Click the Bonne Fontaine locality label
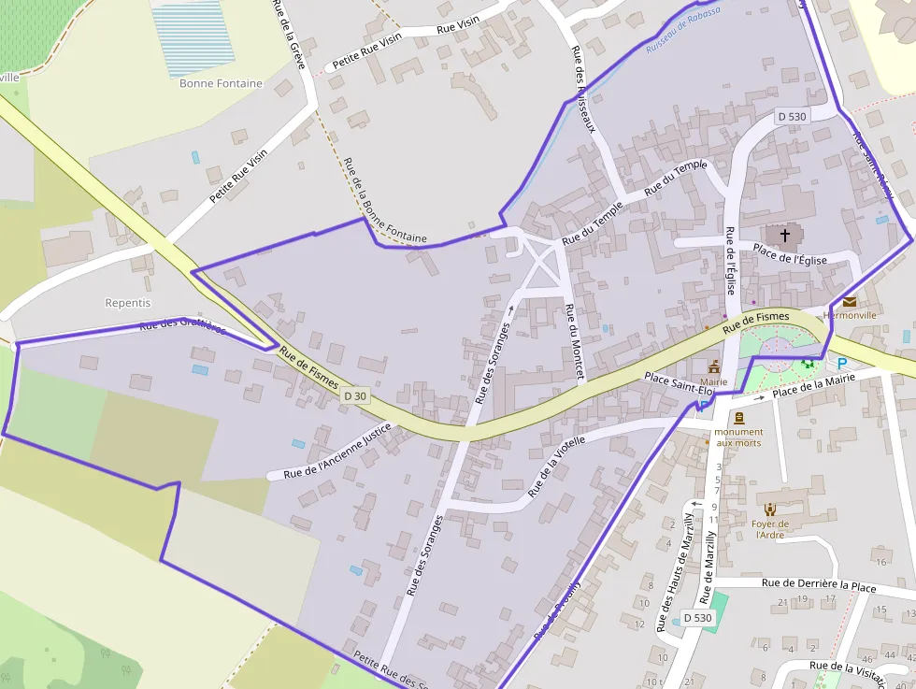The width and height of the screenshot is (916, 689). click(x=221, y=83)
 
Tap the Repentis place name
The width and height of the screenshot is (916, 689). click(x=128, y=303)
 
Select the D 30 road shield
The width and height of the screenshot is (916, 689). click(x=355, y=395)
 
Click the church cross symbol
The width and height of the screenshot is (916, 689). click(x=784, y=234)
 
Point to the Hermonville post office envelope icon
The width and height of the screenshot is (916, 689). click(x=850, y=301)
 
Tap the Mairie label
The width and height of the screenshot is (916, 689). click(x=713, y=381)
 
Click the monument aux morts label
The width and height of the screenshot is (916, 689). click(x=739, y=437)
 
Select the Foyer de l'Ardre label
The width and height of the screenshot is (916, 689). click(x=771, y=529)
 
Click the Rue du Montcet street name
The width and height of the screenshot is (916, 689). click(x=575, y=341)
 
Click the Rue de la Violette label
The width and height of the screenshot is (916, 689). click(x=557, y=465)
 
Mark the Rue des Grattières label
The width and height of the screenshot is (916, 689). click(x=182, y=326)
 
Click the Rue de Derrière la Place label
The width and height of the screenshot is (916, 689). click(x=819, y=584)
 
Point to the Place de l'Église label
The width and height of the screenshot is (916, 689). click(x=790, y=253)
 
